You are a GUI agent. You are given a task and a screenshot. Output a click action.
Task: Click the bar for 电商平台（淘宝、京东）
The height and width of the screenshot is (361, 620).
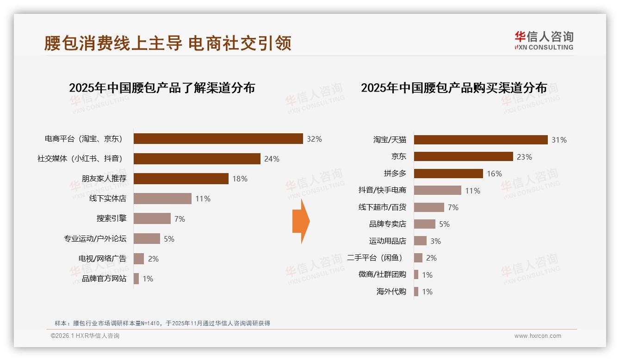point(218,138)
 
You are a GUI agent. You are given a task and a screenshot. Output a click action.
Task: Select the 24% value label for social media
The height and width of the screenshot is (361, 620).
point(272,159)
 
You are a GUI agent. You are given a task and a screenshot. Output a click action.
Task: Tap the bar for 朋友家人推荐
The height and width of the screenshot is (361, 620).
point(181,179)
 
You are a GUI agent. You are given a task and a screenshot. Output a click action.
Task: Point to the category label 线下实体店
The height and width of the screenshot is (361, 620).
point(108,199)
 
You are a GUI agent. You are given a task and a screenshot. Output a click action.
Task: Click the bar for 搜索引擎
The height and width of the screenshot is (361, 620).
point(152,218)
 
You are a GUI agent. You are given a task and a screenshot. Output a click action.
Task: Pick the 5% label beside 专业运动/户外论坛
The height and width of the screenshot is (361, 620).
point(169,239)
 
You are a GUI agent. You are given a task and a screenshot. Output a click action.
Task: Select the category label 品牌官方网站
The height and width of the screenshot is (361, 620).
point(104,279)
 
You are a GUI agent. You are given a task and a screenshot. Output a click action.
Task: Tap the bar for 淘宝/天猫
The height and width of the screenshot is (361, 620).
point(481,140)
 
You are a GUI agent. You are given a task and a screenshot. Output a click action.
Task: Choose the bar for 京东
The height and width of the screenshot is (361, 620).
point(463,156)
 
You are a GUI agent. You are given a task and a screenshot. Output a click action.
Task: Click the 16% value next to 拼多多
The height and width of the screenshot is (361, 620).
point(494,174)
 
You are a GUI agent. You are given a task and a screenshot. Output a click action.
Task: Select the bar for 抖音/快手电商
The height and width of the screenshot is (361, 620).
point(437,190)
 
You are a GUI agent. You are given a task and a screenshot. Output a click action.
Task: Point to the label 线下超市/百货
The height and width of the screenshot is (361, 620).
point(382,207)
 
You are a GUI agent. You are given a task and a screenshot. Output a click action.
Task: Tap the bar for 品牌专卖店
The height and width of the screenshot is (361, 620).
point(424,224)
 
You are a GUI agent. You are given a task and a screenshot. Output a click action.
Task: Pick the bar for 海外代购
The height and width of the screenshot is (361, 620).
point(416,292)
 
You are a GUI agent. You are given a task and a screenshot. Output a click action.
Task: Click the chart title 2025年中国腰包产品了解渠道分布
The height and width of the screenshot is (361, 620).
point(162,88)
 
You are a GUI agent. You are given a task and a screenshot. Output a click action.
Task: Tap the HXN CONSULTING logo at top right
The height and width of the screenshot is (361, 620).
point(544,41)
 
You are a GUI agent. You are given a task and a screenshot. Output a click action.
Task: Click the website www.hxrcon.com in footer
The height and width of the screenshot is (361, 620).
point(538,336)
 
